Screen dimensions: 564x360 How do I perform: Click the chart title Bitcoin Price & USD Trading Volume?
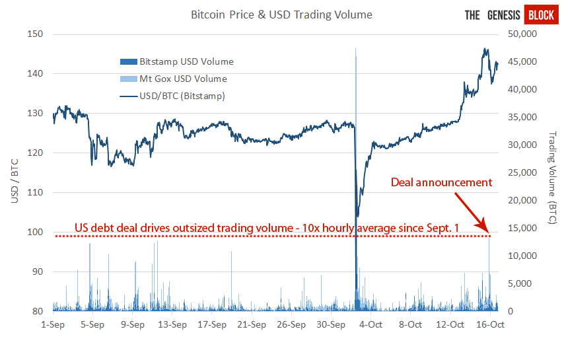point(281,15)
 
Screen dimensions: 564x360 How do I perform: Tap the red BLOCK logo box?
point(542,15)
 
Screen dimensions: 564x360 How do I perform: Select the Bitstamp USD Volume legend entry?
point(177,61)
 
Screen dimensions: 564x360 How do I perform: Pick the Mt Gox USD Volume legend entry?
point(174,79)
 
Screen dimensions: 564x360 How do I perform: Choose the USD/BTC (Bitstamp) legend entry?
point(172,96)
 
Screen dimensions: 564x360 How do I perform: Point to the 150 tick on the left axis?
point(35,34)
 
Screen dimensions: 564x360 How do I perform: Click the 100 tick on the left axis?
point(35,232)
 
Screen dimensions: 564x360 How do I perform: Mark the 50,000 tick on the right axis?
point(522,34)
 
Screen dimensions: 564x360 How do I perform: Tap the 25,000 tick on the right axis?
point(522,172)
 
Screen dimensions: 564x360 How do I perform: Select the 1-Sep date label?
point(53,324)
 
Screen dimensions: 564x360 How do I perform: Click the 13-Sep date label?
point(172,324)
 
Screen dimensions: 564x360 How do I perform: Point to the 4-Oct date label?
point(370,324)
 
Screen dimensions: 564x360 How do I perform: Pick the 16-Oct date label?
point(490,324)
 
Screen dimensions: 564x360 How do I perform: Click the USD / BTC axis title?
point(15,181)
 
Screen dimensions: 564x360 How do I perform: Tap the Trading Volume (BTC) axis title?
point(551,178)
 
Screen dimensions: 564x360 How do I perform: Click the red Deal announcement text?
point(441,182)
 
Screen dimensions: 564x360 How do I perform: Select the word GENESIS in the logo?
point(503,15)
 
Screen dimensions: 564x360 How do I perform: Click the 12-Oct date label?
point(450,324)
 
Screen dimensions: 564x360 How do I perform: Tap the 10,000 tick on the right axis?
point(522,256)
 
